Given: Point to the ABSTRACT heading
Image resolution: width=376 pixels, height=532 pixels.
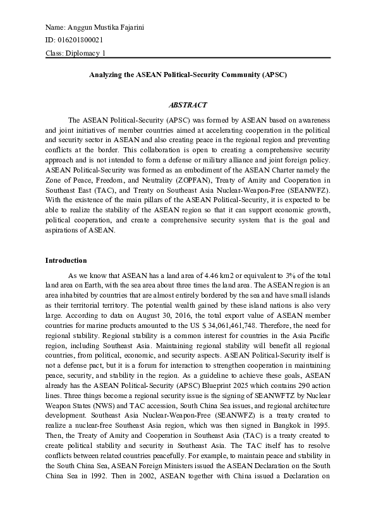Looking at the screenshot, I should point(188,105).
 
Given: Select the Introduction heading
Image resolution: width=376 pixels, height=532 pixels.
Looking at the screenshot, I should point(66,261).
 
